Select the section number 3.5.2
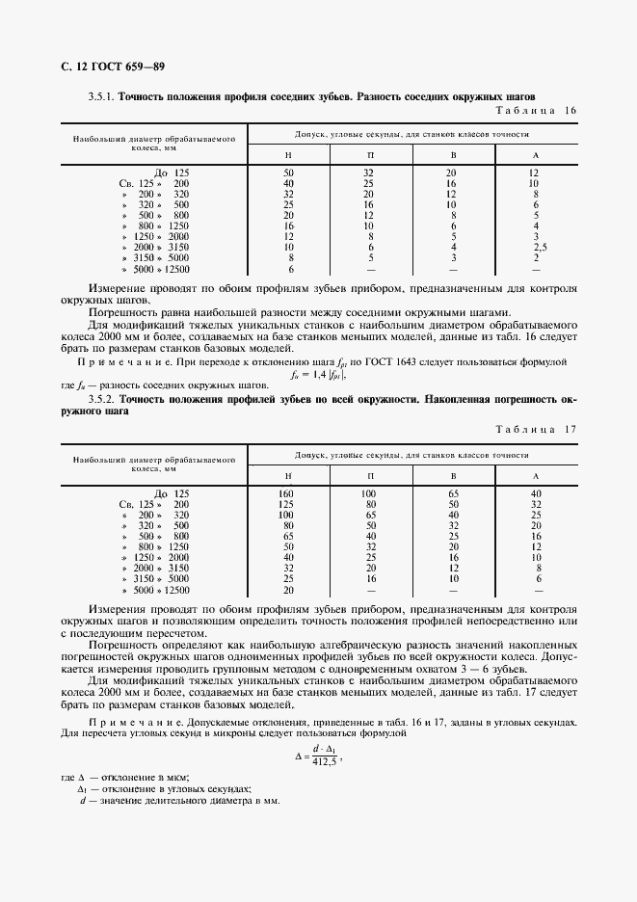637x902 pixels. [101, 398]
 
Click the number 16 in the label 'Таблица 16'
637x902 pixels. [570, 111]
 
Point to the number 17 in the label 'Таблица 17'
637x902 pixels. [570, 429]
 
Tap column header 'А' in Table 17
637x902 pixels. [535, 476]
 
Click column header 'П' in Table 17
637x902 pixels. [369, 476]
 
